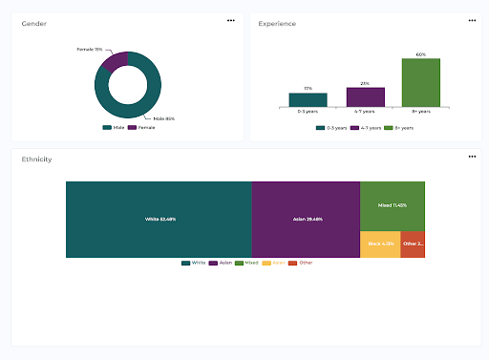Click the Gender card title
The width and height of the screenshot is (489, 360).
(x=33, y=24)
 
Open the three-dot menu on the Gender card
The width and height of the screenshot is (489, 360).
(x=230, y=20)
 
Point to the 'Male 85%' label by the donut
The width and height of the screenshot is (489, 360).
(x=163, y=118)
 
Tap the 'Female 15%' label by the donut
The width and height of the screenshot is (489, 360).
(x=91, y=49)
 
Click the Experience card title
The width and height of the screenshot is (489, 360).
(x=277, y=24)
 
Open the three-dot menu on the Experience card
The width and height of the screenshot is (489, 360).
(x=472, y=20)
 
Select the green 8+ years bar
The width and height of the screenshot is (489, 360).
(x=421, y=82)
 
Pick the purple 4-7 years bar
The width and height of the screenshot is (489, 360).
(x=365, y=96)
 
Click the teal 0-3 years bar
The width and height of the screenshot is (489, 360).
(x=308, y=99)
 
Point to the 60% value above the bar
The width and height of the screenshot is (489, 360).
(x=421, y=54)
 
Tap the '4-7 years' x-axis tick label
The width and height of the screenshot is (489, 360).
(x=365, y=112)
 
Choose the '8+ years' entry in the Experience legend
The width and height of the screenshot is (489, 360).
(x=403, y=127)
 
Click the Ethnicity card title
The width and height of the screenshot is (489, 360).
(x=37, y=159)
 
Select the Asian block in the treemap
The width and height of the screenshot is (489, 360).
(x=306, y=219)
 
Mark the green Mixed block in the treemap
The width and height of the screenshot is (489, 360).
(x=392, y=205)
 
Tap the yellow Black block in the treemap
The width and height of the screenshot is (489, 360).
(x=379, y=244)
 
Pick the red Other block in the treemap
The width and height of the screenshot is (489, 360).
(x=412, y=244)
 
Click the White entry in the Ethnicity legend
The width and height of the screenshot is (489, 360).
(x=195, y=262)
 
